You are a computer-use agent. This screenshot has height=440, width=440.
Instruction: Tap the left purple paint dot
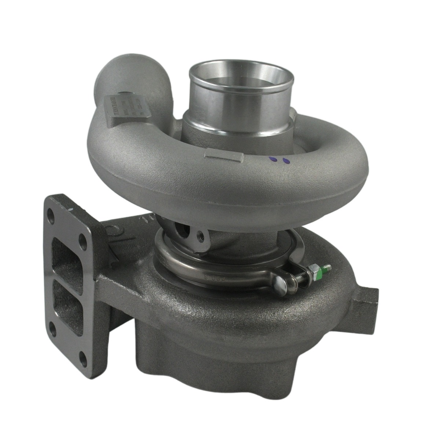coord(272,159)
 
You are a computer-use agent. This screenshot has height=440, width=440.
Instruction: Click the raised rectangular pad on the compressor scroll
coord(225,157)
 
